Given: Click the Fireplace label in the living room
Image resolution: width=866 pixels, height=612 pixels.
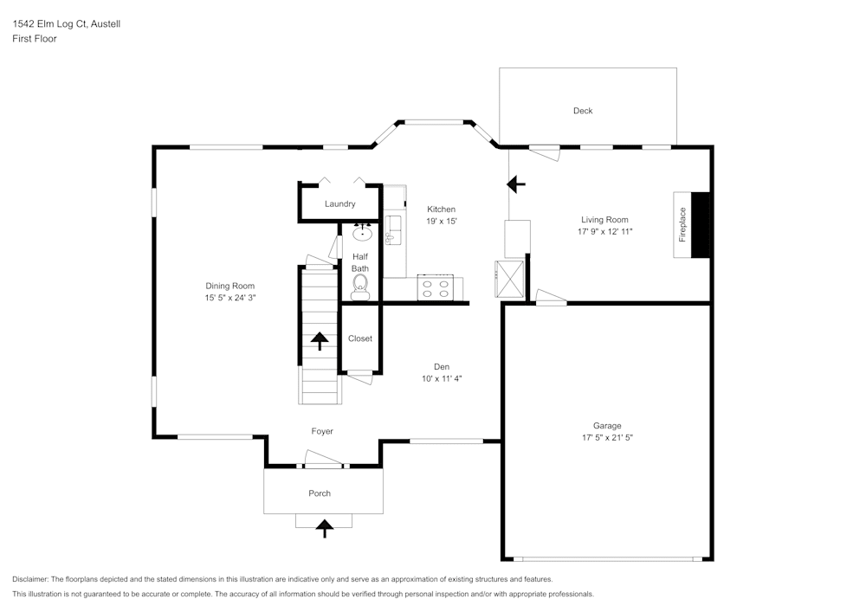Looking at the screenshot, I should click(682, 224).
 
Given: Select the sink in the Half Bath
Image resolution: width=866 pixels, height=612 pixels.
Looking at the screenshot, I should click(362, 233).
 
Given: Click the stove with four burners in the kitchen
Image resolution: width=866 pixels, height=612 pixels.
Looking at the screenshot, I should click(435, 287).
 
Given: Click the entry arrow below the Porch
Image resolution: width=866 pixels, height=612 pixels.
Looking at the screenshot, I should click(325, 527).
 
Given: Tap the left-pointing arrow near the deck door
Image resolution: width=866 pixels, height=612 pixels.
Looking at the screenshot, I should click(516, 184).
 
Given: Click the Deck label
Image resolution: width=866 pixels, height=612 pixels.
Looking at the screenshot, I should click(583, 111).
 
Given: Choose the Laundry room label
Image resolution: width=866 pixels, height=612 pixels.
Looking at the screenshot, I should click(339, 204).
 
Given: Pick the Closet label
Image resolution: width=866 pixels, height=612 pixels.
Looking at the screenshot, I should click(360, 338).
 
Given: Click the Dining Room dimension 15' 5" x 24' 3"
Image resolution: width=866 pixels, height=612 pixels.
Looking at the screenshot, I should click(230, 298).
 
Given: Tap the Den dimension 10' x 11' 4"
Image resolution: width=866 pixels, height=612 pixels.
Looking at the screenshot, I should click(442, 378).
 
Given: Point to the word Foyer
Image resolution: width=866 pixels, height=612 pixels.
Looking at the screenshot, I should click(322, 431).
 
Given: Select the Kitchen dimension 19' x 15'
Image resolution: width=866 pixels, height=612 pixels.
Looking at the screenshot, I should click(441, 222).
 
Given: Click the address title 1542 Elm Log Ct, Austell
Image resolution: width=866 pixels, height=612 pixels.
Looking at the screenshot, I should click(67, 24).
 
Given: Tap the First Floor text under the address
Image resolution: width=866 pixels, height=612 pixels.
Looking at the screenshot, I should click(35, 39).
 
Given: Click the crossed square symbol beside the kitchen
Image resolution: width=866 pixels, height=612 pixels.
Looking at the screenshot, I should click(509, 278).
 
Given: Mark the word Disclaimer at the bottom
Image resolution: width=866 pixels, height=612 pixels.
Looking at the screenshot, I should click(30, 579).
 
